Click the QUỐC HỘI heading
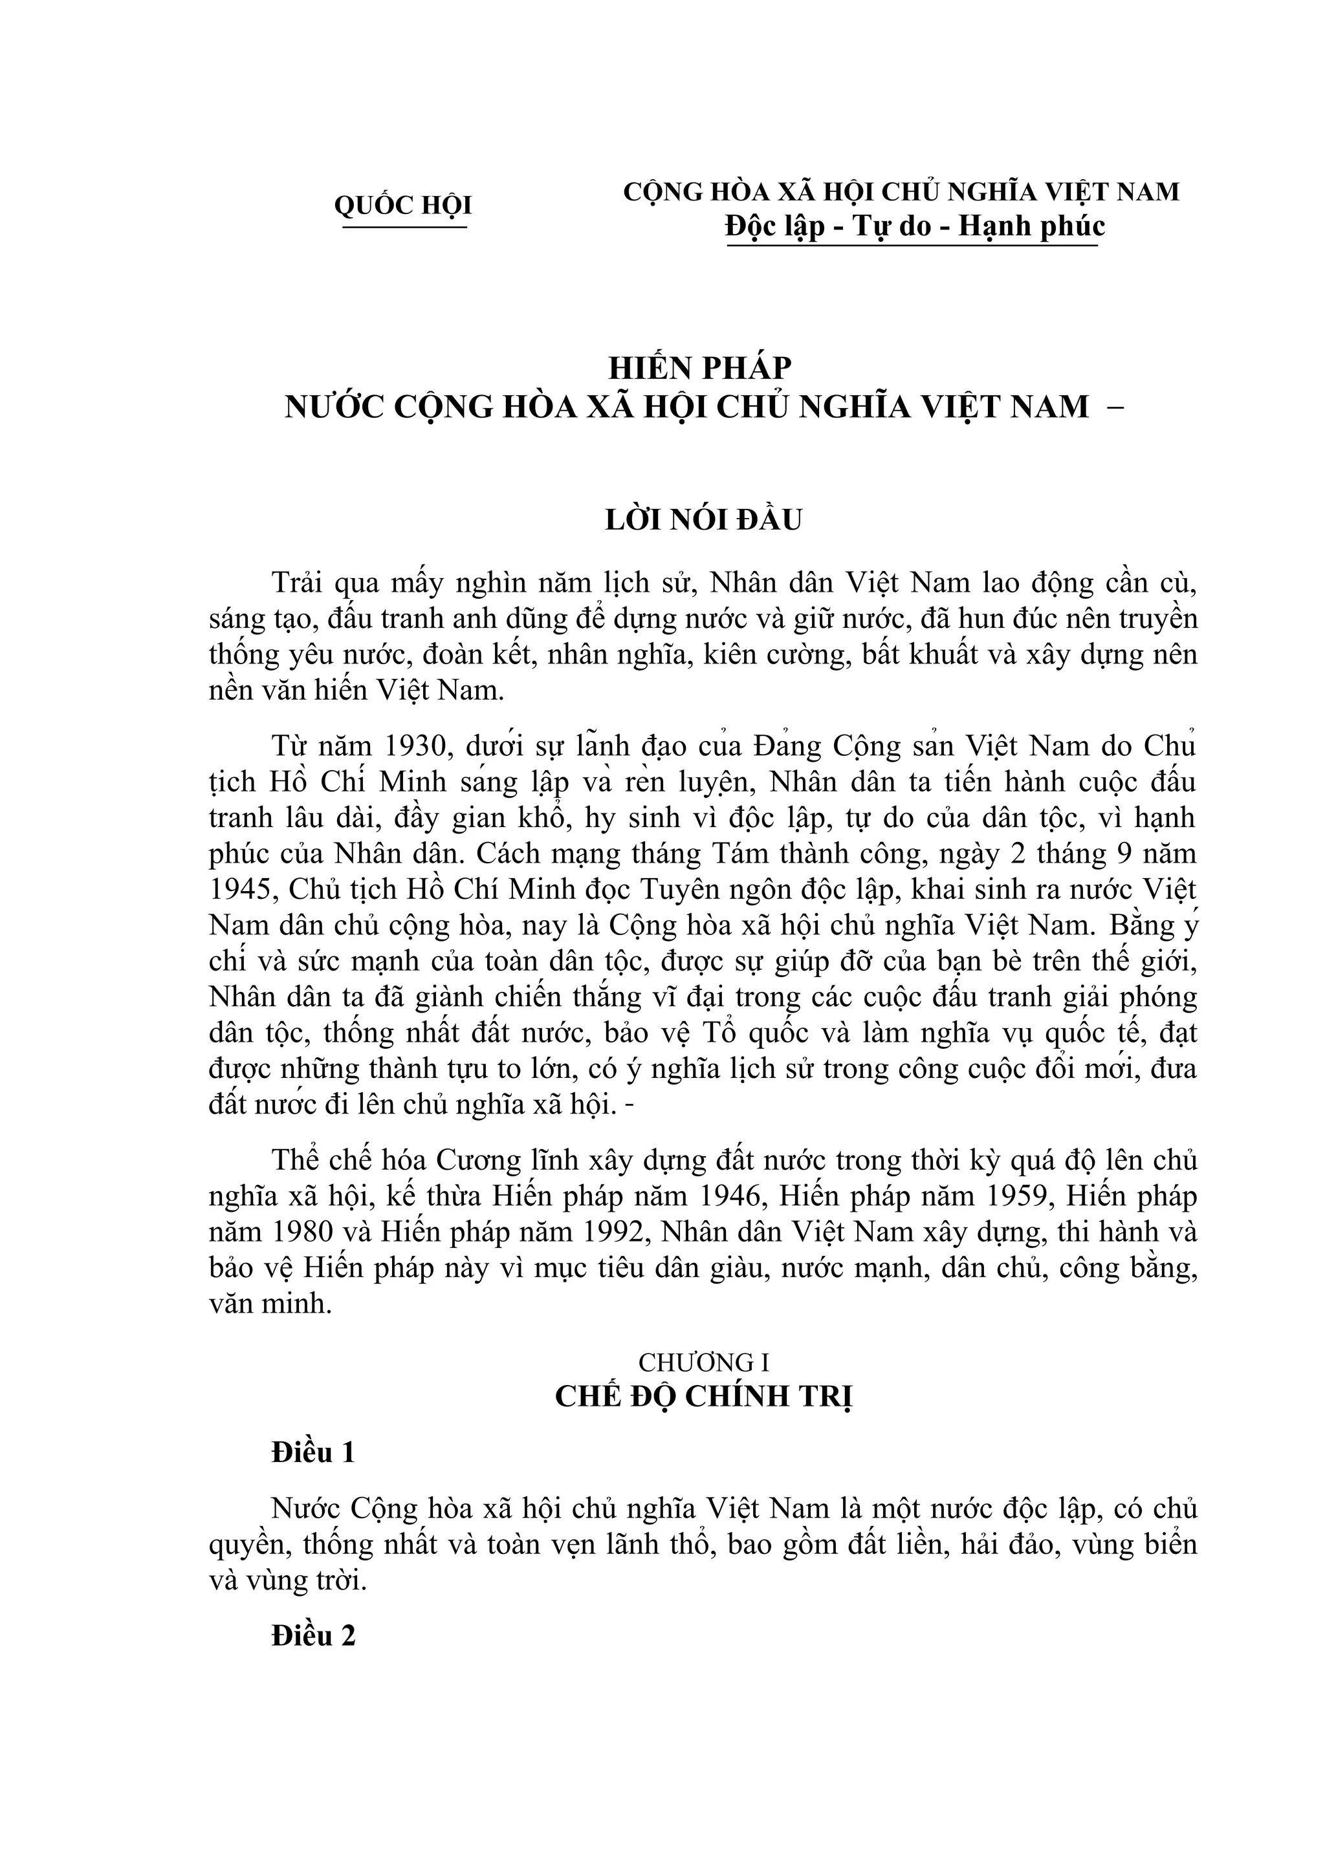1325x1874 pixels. tap(403, 205)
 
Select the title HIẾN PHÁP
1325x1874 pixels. tap(699, 368)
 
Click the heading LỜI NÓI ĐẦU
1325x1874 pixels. tap(704, 520)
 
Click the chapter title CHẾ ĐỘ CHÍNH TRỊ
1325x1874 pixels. tap(704, 1397)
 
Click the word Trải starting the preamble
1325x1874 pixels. tap(299, 583)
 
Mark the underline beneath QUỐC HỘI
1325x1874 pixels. tap(404, 227)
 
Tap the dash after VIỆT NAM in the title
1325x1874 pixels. tap(1113, 405)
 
